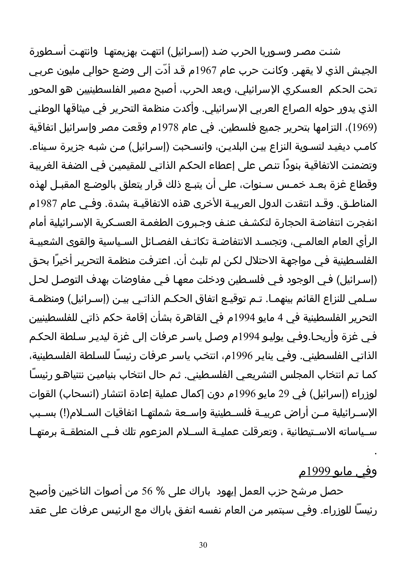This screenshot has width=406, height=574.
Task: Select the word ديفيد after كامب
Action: [340, 147]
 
